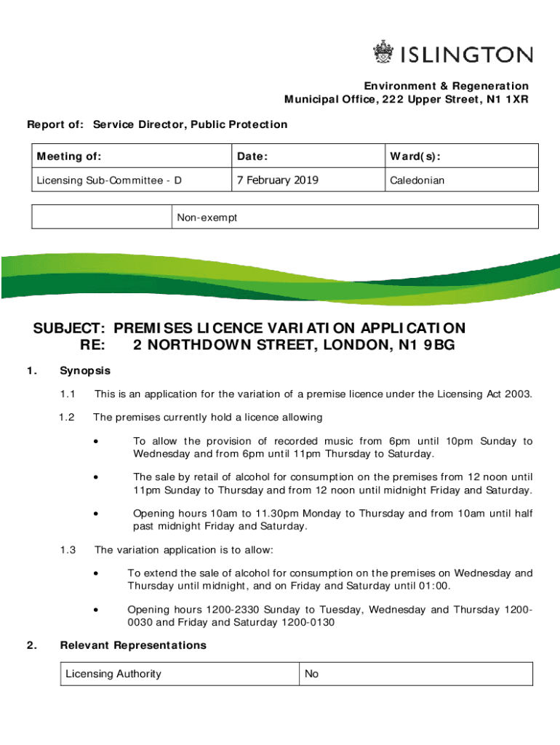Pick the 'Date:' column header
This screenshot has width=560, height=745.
point(252,156)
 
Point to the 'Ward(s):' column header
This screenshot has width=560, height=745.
point(415,156)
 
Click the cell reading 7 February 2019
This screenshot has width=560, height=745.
point(276,180)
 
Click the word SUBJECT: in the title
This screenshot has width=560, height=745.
point(71,329)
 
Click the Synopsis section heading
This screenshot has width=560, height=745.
point(85,371)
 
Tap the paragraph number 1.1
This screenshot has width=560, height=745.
point(68,394)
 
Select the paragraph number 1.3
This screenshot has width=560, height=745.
point(68,549)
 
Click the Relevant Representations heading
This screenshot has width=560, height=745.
point(133,645)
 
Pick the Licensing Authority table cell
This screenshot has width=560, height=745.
point(113,674)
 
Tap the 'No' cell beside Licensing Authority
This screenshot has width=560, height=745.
point(312,674)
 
